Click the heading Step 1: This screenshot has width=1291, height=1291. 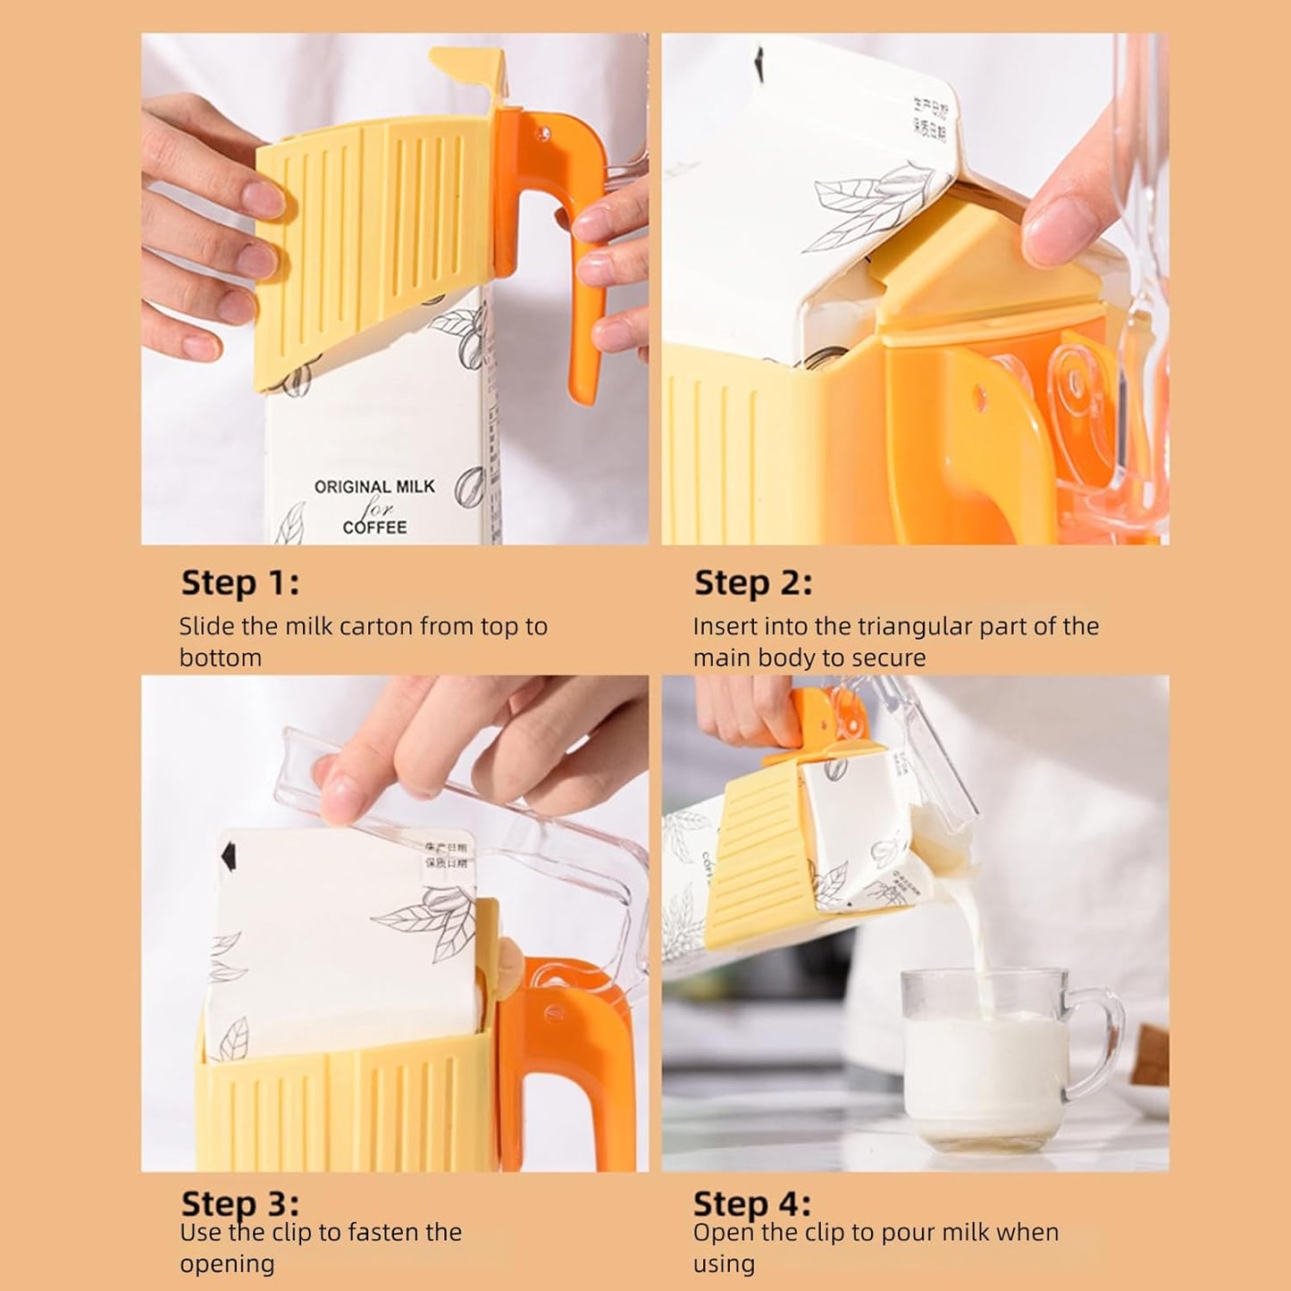click(240, 583)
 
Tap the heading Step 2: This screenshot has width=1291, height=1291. click(753, 583)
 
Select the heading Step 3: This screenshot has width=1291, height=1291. click(240, 1203)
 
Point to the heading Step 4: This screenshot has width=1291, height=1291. click(752, 1203)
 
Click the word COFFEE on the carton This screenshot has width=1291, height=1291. click(374, 527)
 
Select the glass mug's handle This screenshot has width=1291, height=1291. click(1101, 1036)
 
